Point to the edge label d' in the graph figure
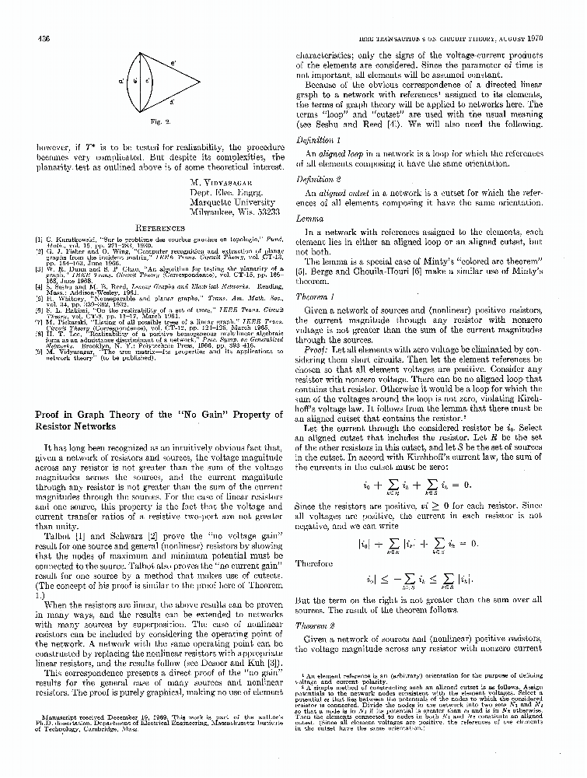point(171,101)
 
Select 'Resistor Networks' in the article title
point(81,427)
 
